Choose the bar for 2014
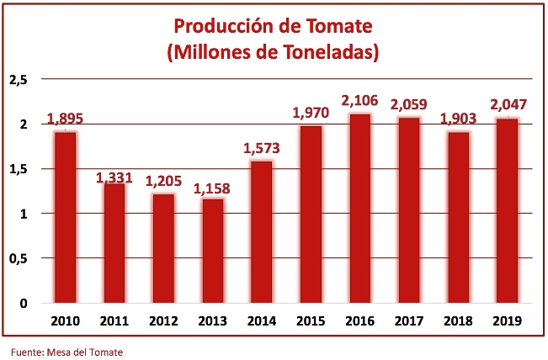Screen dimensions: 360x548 tap(261, 232)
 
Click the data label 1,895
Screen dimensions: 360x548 tap(65, 119)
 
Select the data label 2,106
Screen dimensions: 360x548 tap(361, 101)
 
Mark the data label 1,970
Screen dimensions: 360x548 tap(311, 113)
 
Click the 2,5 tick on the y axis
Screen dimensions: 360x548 tap(19, 80)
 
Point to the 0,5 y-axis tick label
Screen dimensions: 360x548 tap(19, 258)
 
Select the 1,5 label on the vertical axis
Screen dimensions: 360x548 tap(19, 169)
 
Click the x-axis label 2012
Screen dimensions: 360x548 tap(163, 320)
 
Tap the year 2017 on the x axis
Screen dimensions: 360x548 tap(410, 320)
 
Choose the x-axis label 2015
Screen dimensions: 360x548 tap(311, 320)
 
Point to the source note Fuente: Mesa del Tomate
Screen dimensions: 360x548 tap(67, 351)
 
